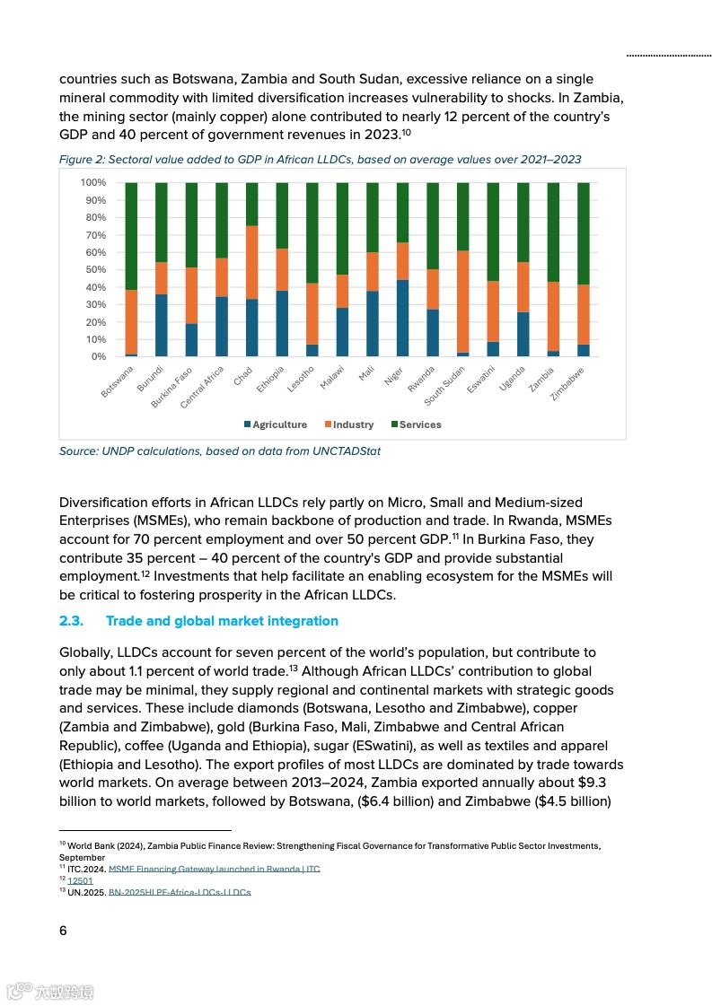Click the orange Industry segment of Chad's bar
pyautogui.click(x=251, y=262)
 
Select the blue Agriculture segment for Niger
pyautogui.click(x=402, y=318)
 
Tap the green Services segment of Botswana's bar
pyautogui.click(x=131, y=236)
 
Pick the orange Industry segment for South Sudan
pyautogui.click(x=462, y=302)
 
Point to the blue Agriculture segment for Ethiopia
pyautogui.click(x=282, y=323)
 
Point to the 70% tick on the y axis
pyautogui.click(x=93, y=235)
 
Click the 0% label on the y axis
pyautogui.click(x=97, y=357)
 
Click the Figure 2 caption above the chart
pyautogui.click(x=320, y=160)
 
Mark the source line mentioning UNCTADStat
pyautogui.click(x=219, y=451)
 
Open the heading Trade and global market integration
pyautogui.click(x=222, y=621)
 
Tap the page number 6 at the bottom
pyautogui.click(x=63, y=931)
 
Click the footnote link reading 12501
pyautogui.click(x=80, y=880)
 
